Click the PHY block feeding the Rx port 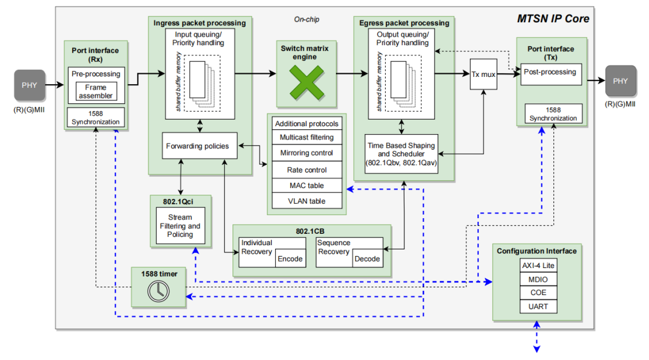(29, 85)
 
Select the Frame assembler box (96, 91)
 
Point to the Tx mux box (484, 75)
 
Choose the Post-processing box (550, 73)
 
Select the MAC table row (306, 186)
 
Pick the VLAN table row (306, 201)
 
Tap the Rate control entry (306, 170)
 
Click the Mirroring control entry (306, 153)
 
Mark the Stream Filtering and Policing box (180, 226)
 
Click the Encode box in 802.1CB (290, 259)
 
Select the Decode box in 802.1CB (367, 259)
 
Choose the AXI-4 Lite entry (538, 266)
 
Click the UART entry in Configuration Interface (538, 307)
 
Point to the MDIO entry (538, 279)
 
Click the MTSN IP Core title (553, 19)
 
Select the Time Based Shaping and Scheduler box (401, 154)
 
